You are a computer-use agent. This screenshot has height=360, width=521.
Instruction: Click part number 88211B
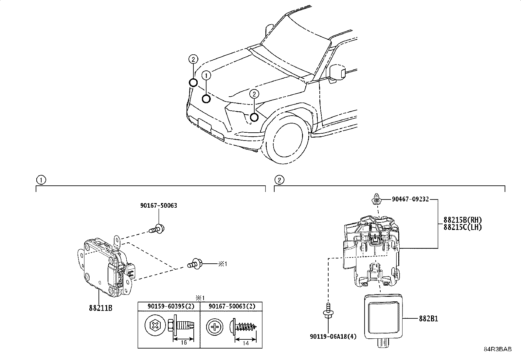(x=100, y=308)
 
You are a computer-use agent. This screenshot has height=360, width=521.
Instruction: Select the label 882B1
(x=429, y=318)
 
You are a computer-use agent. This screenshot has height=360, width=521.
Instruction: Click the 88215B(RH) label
(x=463, y=220)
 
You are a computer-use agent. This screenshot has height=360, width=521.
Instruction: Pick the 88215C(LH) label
(x=463, y=227)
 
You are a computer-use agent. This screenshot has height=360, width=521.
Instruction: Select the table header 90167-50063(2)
(x=231, y=306)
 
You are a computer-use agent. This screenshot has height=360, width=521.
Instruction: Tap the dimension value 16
(x=184, y=343)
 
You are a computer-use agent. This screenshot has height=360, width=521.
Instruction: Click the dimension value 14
(x=246, y=343)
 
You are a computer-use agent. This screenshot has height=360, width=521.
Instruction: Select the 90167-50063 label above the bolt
(x=159, y=205)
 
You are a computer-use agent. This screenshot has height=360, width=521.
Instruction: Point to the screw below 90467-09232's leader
(x=376, y=199)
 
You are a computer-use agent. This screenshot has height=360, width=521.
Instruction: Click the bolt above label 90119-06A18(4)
(x=327, y=310)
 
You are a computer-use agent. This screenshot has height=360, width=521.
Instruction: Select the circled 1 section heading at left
(x=41, y=180)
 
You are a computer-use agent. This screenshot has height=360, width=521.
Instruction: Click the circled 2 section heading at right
(x=279, y=180)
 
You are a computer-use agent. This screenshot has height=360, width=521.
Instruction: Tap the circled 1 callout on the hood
(x=206, y=75)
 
